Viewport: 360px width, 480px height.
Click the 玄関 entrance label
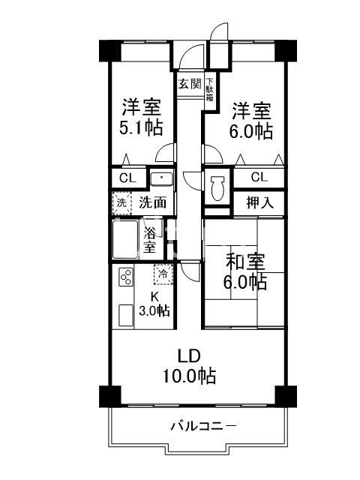click(190, 83)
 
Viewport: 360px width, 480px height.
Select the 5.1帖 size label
click(142, 127)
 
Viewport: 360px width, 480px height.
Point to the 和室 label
click(245, 262)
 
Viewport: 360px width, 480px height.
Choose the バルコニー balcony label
click(203, 426)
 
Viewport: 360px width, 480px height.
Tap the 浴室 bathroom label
click(150, 238)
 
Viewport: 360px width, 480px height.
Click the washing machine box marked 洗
click(121, 202)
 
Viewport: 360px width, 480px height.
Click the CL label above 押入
click(259, 177)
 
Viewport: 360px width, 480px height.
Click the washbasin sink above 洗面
click(161, 179)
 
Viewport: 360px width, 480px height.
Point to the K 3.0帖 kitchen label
click(155, 304)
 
